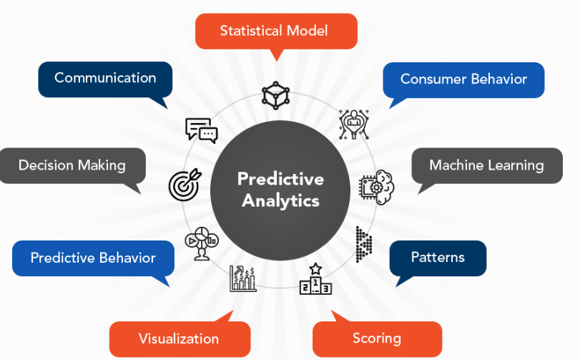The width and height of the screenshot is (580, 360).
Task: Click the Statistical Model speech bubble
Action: pos(276,31)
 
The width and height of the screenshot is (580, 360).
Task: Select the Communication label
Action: pos(105,79)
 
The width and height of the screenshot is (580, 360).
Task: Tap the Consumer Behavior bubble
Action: pos(463,80)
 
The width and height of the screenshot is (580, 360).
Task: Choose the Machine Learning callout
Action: pos(487,166)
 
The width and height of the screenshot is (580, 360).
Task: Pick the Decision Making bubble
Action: pos(72,166)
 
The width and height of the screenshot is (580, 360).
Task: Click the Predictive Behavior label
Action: pos(93,258)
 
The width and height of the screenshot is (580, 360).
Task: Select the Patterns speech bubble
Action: pos(438,258)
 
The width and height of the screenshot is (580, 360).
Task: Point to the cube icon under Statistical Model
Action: pos(275,95)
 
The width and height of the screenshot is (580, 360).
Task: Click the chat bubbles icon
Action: pos(201,130)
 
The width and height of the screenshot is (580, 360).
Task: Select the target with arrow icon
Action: pos(185,185)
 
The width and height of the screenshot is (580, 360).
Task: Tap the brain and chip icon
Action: pos(377,188)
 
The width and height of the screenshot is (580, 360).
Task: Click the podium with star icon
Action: pos(315,279)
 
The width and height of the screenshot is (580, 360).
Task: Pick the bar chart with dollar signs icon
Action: pos(242,278)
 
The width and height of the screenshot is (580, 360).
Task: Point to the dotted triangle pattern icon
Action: pos(363,245)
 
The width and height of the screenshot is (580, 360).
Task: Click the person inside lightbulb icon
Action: pos(354,125)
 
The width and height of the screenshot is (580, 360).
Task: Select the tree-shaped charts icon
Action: pos(202,243)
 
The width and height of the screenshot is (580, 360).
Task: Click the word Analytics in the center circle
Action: pos(281,201)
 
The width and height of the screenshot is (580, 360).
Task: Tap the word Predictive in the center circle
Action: pos(281,179)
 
